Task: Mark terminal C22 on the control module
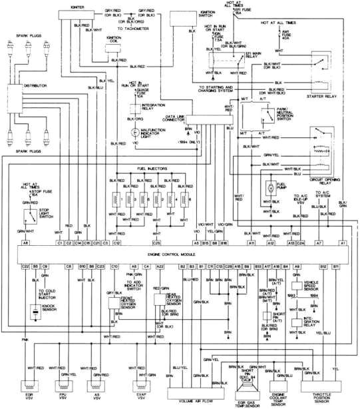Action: click(x=25, y=266)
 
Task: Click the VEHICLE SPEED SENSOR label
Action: click(x=314, y=285)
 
